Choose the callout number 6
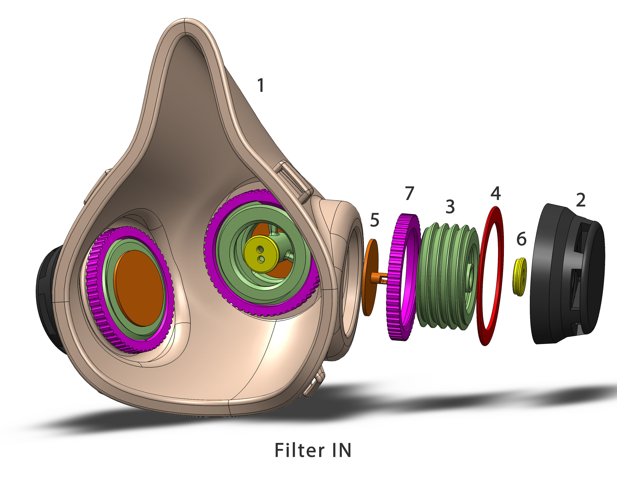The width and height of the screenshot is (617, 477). coord(521,239)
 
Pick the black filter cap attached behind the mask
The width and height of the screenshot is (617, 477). coord(45,299)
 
